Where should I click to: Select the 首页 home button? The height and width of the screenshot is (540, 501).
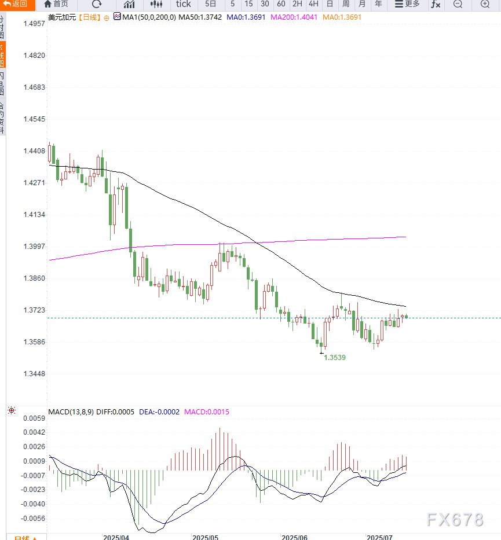click(x=56, y=4)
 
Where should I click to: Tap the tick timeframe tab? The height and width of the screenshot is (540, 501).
click(x=183, y=4)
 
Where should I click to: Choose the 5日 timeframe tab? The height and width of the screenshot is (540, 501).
click(x=211, y=4)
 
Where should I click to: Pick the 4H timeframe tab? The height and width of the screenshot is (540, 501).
click(x=313, y=4)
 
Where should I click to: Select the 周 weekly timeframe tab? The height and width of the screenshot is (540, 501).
click(x=346, y=4)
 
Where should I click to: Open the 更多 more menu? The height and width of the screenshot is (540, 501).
click(x=407, y=4)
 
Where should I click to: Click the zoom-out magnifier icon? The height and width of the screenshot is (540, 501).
click(x=458, y=5)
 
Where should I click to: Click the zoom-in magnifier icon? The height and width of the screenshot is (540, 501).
click(x=485, y=5)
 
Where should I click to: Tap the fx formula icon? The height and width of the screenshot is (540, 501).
click(x=436, y=5)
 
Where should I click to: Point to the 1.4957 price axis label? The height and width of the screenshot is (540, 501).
click(x=34, y=24)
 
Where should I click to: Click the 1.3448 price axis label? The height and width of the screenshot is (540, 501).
click(x=34, y=373)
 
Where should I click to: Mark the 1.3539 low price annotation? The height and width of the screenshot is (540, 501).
click(x=335, y=358)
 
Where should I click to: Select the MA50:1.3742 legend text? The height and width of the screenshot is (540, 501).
click(x=200, y=17)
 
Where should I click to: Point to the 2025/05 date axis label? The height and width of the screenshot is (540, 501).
click(x=206, y=538)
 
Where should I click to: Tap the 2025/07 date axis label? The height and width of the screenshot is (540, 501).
click(x=381, y=538)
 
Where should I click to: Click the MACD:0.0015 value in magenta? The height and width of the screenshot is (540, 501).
click(x=207, y=412)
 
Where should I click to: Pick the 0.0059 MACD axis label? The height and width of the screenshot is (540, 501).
click(x=34, y=418)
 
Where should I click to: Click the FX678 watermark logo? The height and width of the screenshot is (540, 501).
click(x=455, y=520)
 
